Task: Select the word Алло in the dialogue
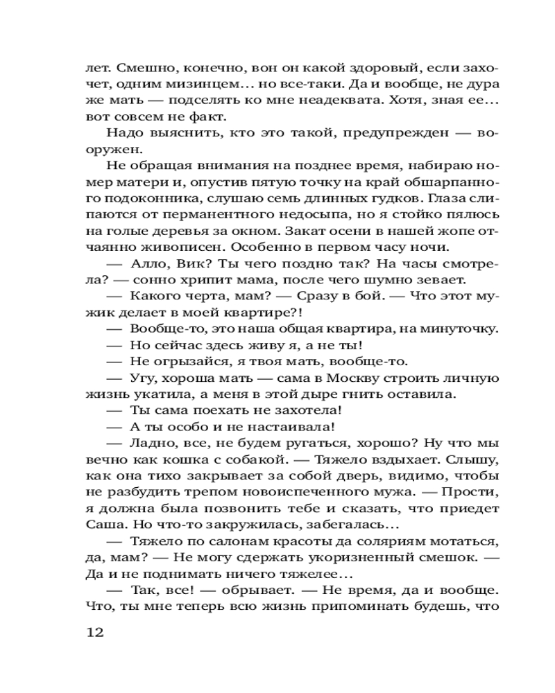coord(146,263)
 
